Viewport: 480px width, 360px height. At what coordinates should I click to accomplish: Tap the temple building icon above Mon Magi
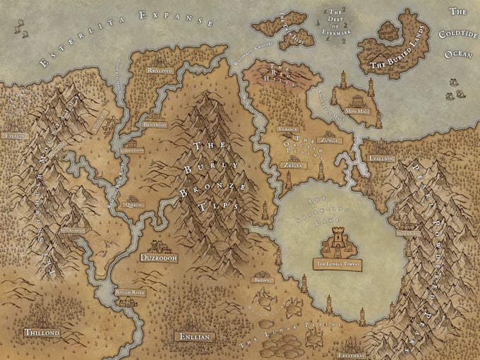pos(369,90)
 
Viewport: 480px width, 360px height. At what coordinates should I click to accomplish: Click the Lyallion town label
pos(382,158)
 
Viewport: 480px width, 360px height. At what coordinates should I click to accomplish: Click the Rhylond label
pos(159,71)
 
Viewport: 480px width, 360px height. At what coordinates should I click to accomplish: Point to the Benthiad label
pos(156,124)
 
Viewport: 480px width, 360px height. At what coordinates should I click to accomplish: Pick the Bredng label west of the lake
pos(263,280)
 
